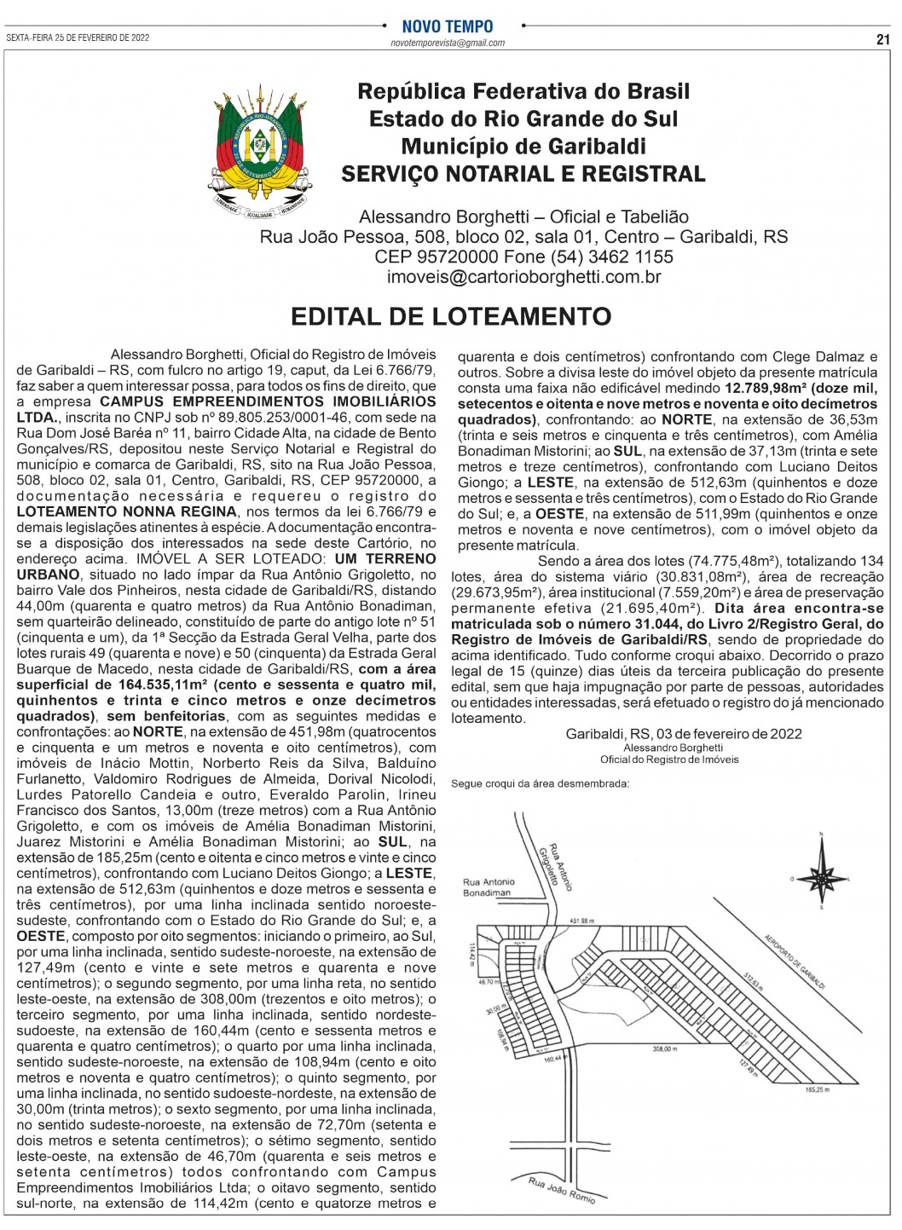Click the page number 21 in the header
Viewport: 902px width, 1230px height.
882,38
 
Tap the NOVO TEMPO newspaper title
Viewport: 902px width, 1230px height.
448,26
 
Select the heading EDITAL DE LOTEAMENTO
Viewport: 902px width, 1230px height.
451,317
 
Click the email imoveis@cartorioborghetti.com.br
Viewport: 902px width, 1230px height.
523,277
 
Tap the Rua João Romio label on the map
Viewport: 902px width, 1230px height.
561,1189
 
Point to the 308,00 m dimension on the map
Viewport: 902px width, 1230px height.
664,1049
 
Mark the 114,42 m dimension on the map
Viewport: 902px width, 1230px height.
471,954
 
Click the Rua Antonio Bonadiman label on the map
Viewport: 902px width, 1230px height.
489,887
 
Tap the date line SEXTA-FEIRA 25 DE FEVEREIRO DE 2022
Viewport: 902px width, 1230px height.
78,38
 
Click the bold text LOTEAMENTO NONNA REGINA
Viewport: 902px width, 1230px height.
127,511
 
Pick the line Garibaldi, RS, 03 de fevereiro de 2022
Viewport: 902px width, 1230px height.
683,734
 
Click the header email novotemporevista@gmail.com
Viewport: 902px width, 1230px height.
448,43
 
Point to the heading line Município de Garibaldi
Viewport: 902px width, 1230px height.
523,146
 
